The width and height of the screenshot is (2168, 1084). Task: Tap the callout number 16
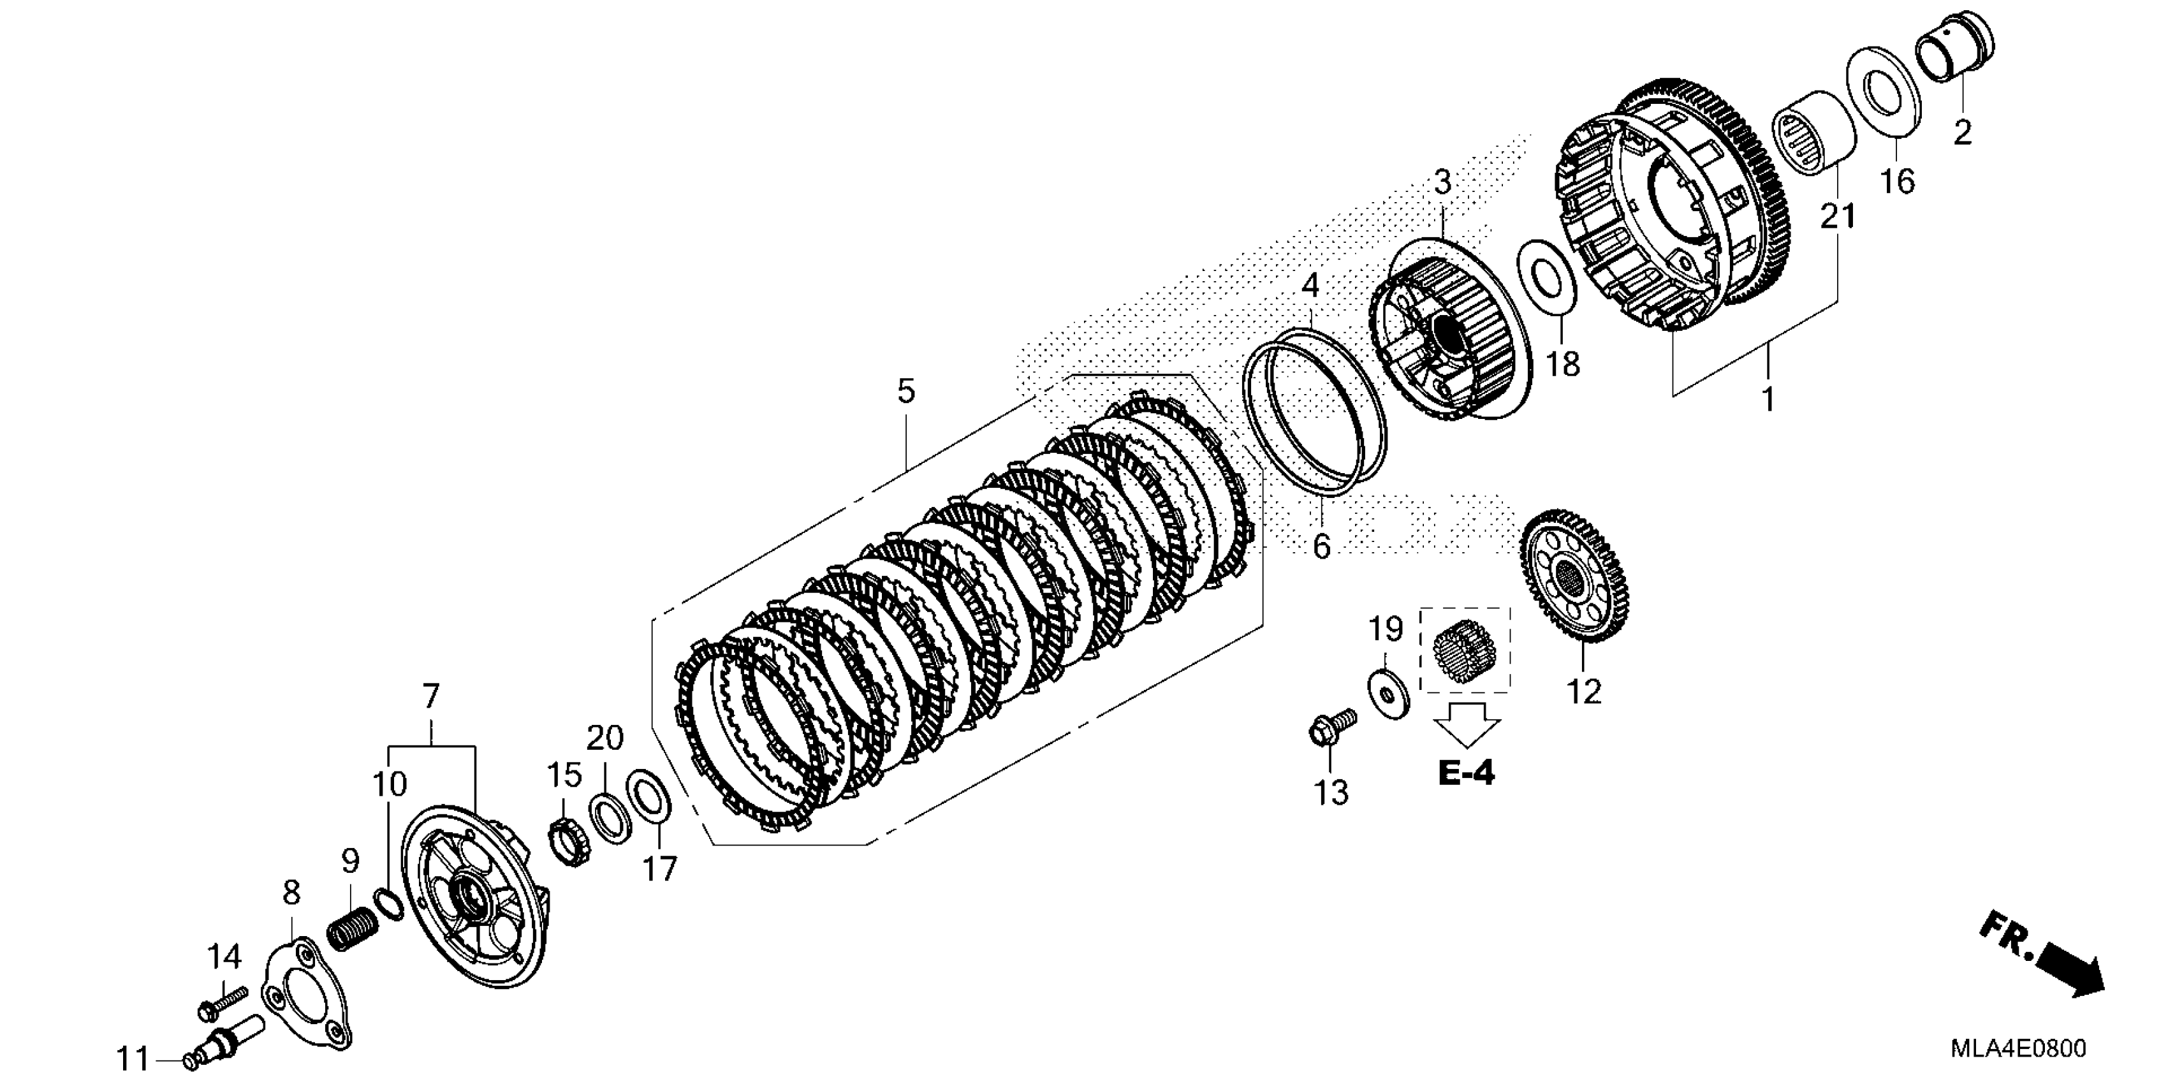pyautogui.click(x=1898, y=181)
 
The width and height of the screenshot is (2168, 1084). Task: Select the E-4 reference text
pyautogui.click(x=1466, y=773)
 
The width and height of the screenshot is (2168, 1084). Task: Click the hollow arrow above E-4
pyautogui.click(x=1466, y=721)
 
